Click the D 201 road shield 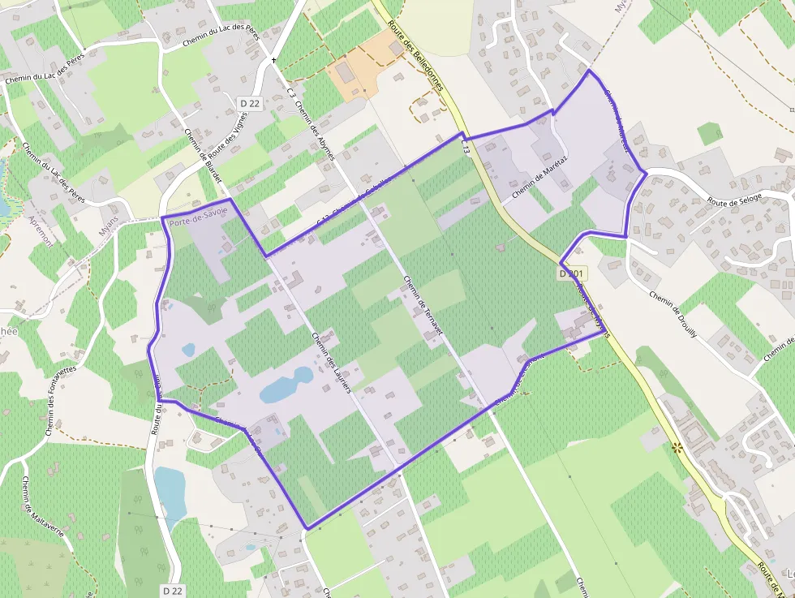coord(572,274)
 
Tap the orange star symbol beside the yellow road coord(677,447)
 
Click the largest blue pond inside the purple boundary coord(286,386)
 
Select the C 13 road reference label coord(465,147)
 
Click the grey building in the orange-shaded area coord(345,73)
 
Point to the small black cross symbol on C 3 coord(274,60)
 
